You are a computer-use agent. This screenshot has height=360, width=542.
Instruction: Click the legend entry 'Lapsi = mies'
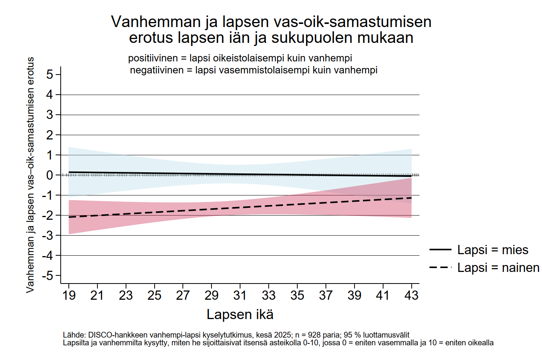coord(492,250)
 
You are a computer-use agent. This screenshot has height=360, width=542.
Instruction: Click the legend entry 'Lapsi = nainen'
coord(498,267)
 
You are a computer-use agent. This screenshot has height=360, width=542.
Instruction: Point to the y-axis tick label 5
coord(49,74)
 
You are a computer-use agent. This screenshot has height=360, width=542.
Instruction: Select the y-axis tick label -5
coord(47,276)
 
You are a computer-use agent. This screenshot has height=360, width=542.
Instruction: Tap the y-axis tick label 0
coord(49,175)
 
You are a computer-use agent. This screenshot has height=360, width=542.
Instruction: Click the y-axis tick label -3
coord(47,236)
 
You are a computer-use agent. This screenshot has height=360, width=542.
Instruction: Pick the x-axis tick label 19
coord(69,295)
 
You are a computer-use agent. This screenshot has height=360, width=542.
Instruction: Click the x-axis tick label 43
coord(411,295)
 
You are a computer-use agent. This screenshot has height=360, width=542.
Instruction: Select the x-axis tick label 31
coord(240,295)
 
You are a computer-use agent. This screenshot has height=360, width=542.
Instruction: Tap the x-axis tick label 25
coord(154,295)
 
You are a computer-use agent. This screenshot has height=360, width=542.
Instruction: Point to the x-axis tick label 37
coord(326,295)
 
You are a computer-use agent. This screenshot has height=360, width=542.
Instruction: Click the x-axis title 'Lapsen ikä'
coord(240,314)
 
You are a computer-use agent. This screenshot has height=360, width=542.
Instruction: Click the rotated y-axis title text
coord(30,175)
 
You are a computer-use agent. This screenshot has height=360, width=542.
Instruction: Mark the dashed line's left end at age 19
coord(69,217)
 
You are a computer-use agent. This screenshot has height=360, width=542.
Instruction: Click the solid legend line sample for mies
coord(440,250)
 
